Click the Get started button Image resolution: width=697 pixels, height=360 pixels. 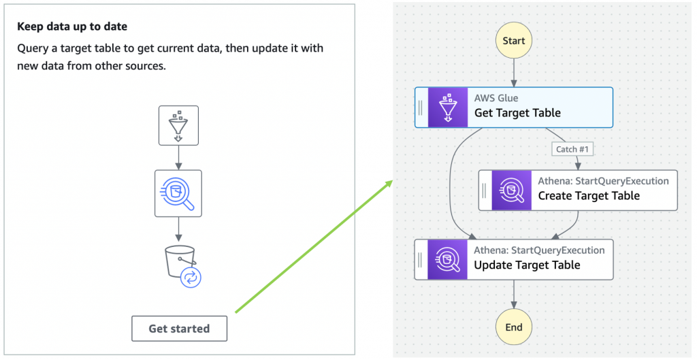[179, 329]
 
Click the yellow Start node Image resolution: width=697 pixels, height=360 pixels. [514, 41]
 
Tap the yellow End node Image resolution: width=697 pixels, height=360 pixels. [514, 327]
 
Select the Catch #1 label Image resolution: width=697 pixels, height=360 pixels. [572, 149]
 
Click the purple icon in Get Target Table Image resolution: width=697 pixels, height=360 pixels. [448, 108]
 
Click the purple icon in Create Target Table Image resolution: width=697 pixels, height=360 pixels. [512, 190]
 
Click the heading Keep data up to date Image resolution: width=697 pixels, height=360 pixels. [71, 27]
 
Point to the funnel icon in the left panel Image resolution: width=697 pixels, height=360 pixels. [178, 125]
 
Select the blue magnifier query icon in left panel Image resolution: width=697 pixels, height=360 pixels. [178, 193]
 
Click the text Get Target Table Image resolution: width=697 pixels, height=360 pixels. [517, 113]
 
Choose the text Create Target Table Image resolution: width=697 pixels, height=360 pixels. [589, 196]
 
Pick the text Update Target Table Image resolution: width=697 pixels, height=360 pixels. [527, 265]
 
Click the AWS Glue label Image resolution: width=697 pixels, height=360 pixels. [496, 98]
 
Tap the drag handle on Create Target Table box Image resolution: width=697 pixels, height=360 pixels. [485, 190]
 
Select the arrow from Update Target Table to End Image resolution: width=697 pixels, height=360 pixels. [514, 293]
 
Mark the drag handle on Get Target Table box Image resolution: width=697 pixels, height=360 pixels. [421, 108]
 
